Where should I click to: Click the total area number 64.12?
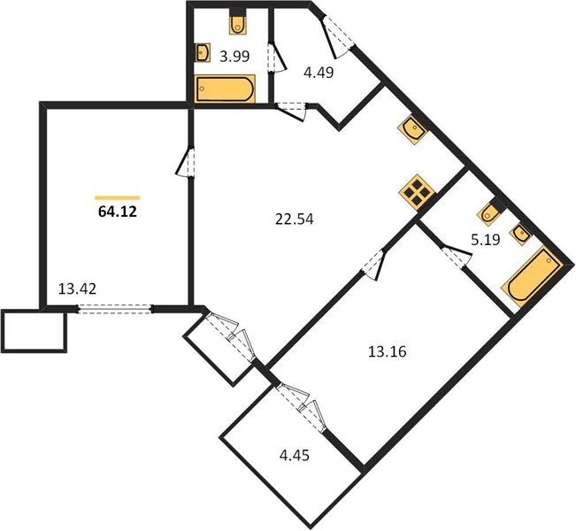118,212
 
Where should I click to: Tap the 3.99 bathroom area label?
234,57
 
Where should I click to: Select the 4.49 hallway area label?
319,73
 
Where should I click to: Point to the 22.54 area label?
295,219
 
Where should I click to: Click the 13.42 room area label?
78,289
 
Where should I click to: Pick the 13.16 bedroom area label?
388,351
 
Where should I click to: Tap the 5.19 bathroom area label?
485,240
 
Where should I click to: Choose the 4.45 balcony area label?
295,456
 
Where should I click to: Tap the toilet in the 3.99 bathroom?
238,22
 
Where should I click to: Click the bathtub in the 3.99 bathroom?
225,88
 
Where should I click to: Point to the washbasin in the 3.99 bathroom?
203,52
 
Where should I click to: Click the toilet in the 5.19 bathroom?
490,212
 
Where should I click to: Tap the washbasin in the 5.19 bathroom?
520,233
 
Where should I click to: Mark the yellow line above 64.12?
117,197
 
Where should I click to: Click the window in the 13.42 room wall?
115,309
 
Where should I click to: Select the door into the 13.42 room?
186,162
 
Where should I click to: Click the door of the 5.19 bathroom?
456,254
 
